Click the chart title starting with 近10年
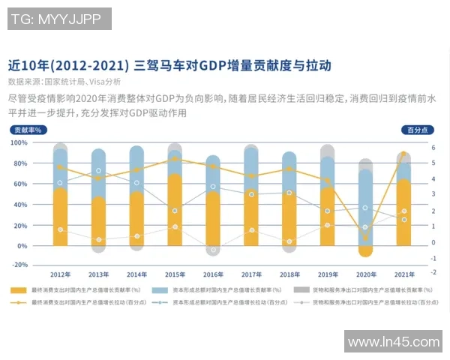(x=169, y=64)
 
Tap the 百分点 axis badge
(x=421, y=130)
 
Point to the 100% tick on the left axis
(x=19, y=142)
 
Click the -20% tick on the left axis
(x=19, y=265)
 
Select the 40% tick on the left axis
(x=20, y=204)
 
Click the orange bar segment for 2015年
(x=175, y=210)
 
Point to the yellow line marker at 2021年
(x=403, y=154)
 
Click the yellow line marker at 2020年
(x=365, y=238)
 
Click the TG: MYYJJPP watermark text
(x=59, y=19)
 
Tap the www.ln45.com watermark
(x=394, y=341)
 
